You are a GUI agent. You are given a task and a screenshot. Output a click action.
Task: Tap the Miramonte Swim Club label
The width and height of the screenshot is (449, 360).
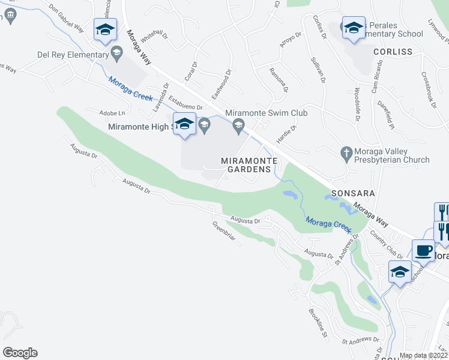point(266,113)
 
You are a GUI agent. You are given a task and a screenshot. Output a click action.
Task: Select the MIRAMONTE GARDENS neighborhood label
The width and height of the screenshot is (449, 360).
point(249,165)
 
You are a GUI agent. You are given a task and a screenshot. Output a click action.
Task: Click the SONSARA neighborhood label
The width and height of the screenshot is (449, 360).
point(349,194)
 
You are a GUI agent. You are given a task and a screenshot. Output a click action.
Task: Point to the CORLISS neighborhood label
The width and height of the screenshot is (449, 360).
point(393,52)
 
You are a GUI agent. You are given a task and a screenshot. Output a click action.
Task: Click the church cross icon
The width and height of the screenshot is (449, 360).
point(346,152)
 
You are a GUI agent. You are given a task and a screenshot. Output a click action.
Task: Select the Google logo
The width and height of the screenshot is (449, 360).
point(20,353)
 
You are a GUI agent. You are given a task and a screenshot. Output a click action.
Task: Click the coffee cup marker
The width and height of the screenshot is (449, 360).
point(423,250)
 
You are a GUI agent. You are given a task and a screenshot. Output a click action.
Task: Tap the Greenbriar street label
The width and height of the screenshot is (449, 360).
point(223,233)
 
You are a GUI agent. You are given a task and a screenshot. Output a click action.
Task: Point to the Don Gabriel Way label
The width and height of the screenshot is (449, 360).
point(66,18)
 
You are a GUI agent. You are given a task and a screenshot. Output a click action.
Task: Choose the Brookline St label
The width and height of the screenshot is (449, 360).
point(318,322)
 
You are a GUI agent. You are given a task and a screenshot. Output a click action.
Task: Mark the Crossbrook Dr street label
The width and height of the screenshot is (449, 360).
point(428,90)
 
